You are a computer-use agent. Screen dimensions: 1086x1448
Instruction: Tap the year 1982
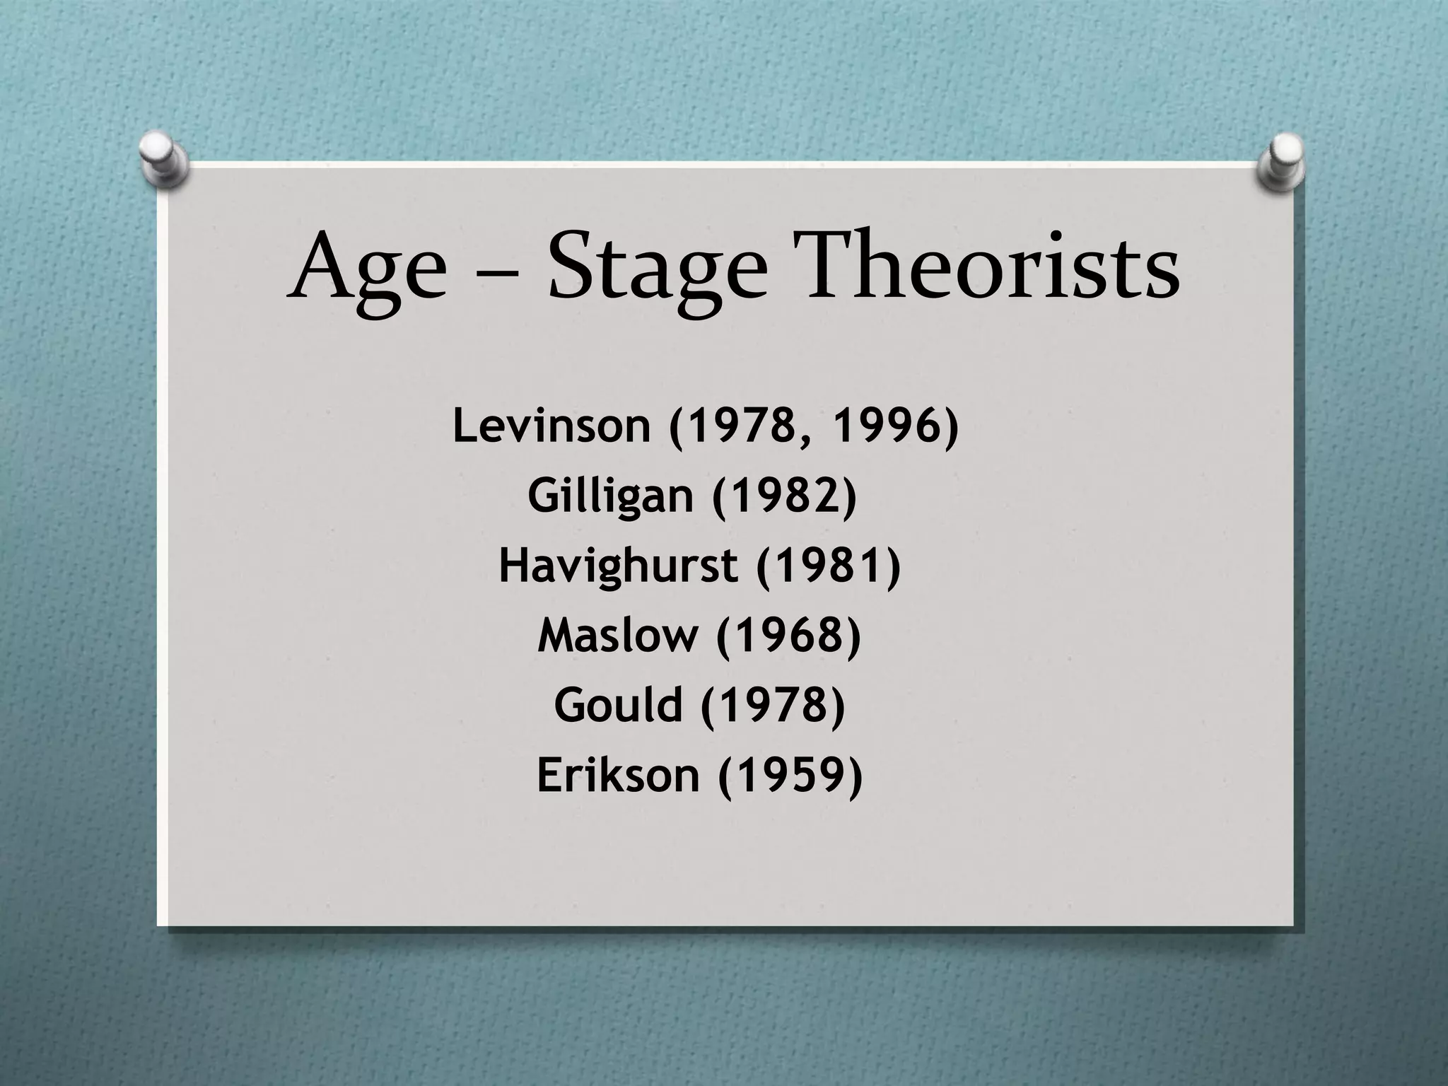tap(784, 496)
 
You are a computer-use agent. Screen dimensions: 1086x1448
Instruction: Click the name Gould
tap(619, 705)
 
